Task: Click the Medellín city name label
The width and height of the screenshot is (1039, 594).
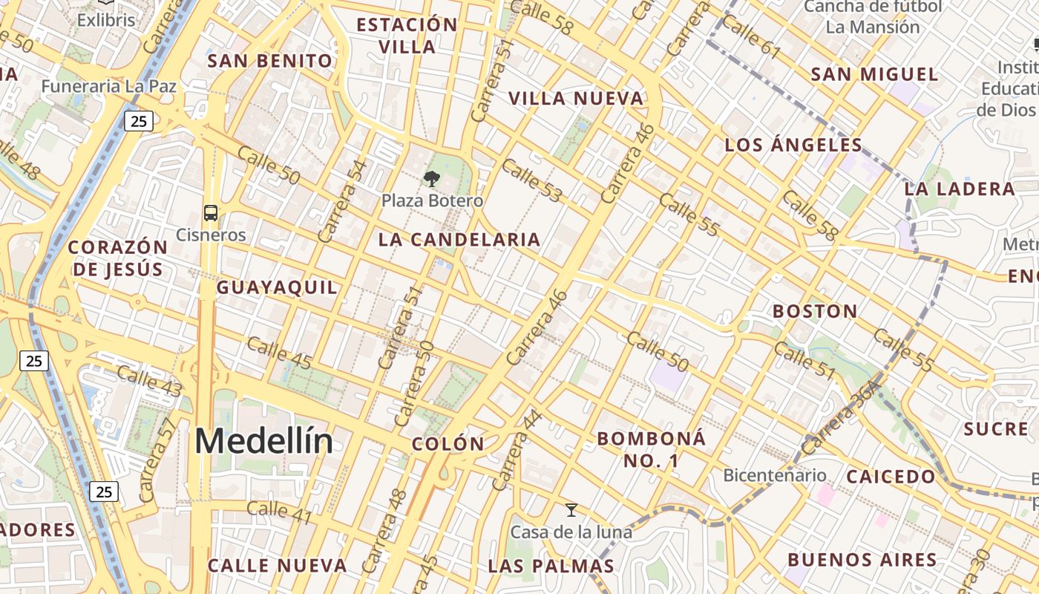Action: click(263, 442)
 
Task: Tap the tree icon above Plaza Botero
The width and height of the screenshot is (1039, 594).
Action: click(431, 179)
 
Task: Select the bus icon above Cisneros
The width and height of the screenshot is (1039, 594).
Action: click(211, 213)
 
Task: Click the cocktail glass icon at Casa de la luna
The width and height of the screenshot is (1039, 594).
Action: click(571, 510)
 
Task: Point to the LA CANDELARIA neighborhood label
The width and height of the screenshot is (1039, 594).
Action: click(459, 240)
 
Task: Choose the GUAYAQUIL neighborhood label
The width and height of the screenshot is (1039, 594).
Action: click(277, 287)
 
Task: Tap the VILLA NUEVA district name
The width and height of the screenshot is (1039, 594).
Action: click(575, 98)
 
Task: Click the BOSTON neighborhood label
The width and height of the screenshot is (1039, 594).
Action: click(815, 311)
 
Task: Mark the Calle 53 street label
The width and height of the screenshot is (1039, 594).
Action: click(531, 180)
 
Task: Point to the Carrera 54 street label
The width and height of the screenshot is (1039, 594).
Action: click(342, 201)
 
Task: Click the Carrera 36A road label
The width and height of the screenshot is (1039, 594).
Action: click(841, 417)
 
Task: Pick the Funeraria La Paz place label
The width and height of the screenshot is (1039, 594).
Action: click(109, 86)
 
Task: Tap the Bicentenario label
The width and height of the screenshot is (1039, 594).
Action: click(775, 475)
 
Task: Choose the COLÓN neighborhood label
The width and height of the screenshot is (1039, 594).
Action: click(448, 444)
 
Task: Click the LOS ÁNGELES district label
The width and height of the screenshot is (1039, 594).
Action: click(793, 145)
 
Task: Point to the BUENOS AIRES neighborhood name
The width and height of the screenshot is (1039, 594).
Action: click(862, 559)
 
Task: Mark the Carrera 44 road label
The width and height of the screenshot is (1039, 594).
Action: click(518, 450)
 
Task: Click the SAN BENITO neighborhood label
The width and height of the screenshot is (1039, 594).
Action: click(270, 61)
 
